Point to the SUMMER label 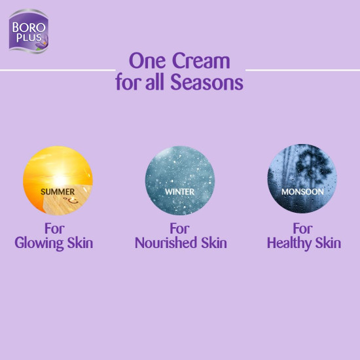click(58, 192)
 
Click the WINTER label click(179, 192)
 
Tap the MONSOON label click(302, 192)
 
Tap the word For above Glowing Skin click(54, 229)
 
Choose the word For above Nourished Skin click(180, 229)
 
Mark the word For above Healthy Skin click(303, 229)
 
